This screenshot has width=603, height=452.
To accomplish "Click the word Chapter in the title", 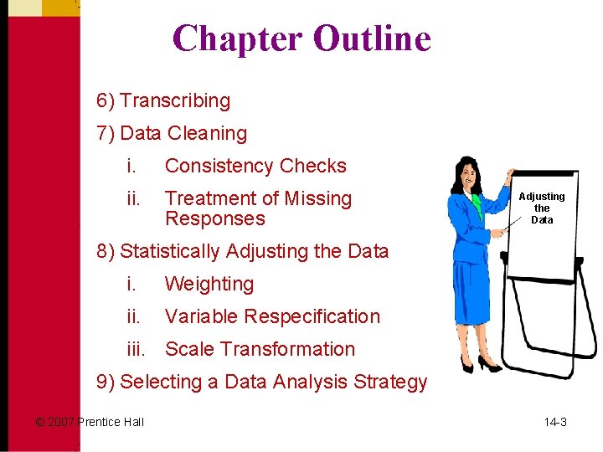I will pos(237,39).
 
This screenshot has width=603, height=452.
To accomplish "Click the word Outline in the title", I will pos(372,39).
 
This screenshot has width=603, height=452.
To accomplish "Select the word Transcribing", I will pos(174,101).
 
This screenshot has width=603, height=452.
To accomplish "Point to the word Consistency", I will pos(219,166).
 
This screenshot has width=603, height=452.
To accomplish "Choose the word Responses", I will pos(214,219).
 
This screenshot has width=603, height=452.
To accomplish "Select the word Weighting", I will pos(209,285).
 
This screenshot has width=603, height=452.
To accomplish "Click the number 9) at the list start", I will pos(106,383).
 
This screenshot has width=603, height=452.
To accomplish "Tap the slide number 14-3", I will pos(555,422).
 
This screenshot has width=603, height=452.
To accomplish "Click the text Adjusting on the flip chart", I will pos(542,197).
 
